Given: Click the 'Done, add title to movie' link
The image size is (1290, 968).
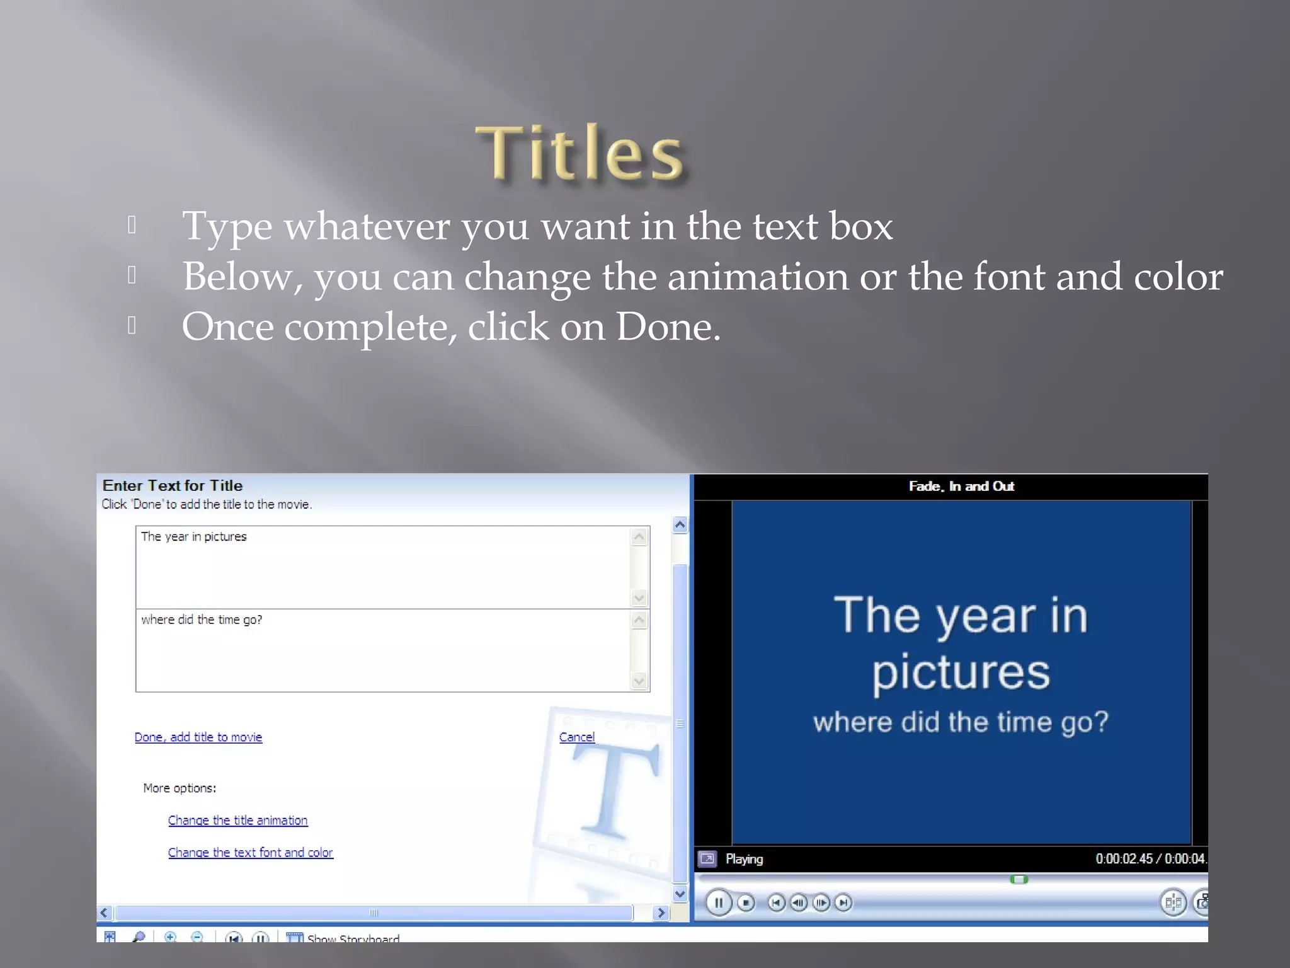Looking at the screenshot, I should pos(198,737).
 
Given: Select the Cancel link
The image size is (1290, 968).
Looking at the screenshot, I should pos(576,737).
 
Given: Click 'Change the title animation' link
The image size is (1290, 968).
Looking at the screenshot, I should pos(237,820).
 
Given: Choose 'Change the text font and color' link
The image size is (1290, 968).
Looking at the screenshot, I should pos(250,852).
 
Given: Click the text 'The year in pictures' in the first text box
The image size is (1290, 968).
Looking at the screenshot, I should pos(193,536).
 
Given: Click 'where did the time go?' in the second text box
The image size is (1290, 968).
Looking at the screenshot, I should pos(201,619).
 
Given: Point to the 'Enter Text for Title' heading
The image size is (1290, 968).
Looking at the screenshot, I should pos(173,485).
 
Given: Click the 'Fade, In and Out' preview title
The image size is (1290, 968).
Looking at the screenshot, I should pos(961,486).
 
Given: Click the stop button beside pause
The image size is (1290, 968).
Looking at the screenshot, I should pos(746,902).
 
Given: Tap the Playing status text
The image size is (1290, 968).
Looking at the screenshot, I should pos(744,859).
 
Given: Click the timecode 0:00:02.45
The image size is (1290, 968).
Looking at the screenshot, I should pos(1124,858).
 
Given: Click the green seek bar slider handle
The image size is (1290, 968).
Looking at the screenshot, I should pos(1019,879).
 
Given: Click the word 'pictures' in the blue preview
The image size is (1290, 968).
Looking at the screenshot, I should pos(961,672).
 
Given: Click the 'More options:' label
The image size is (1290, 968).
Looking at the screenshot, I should pos(180,788).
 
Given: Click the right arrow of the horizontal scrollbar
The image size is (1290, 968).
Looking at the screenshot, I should pos(661,913).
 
